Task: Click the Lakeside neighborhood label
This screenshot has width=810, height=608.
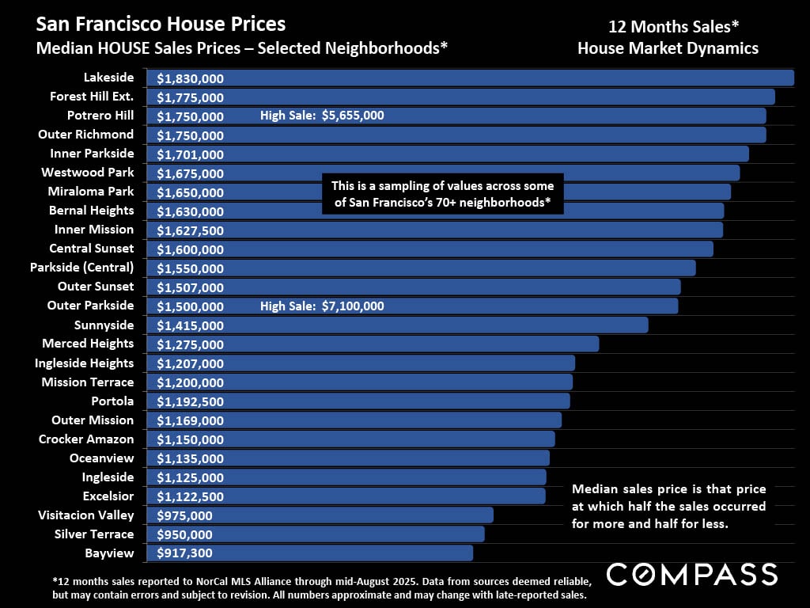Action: [x=108, y=78]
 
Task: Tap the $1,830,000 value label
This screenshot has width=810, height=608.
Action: [x=190, y=78]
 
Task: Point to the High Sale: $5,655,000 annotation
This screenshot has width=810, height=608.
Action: [x=322, y=116]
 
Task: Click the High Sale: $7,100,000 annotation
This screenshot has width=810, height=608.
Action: [x=322, y=306]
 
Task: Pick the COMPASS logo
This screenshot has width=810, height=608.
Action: [x=691, y=574]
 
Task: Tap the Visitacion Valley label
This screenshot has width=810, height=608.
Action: [x=86, y=515]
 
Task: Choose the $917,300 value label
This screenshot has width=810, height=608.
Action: [x=184, y=553]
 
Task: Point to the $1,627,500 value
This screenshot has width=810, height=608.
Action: [x=190, y=230]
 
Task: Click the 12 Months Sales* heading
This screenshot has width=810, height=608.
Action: [x=668, y=25]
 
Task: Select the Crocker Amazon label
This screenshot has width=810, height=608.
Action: [x=86, y=439]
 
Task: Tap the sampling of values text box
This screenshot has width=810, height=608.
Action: [x=443, y=195]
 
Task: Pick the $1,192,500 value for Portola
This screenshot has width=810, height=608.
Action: [x=190, y=401]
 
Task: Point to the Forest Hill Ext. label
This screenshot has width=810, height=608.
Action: [x=92, y=97]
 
